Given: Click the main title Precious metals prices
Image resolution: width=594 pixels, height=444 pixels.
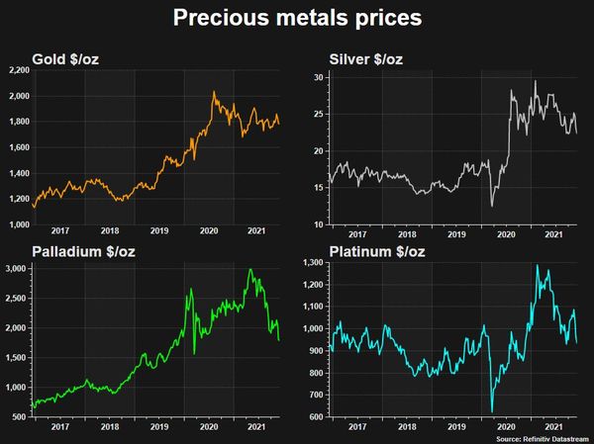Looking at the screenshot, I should [x=297, y=18].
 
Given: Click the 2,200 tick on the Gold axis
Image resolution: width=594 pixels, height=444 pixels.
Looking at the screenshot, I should [x=17, y=71].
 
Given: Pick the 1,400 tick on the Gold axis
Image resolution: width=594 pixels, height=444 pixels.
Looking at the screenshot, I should [x=17, y=173].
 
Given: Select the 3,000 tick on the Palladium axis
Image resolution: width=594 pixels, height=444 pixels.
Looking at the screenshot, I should [x=17, y=269].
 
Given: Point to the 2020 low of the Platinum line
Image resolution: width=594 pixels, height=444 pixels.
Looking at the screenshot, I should [x=492, y=411].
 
